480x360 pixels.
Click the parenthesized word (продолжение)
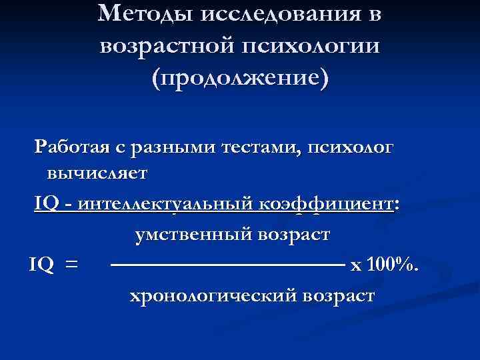click(x=240, y=78)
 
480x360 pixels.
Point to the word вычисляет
click(x=97, y=173)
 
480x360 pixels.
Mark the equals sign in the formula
click(x=71, y=265)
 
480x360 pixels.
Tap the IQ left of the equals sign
click(x=41, y=265)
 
